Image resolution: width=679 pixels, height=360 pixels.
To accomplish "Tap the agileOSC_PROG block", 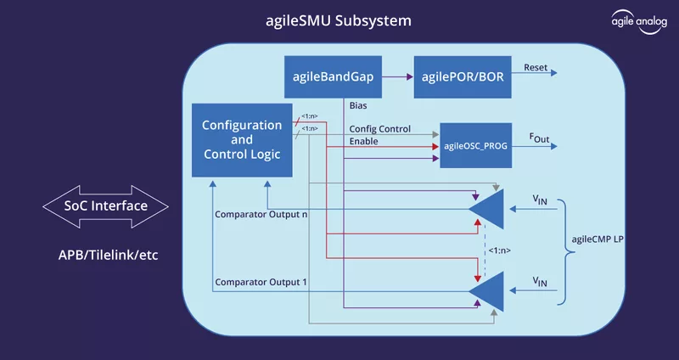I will click(475, 146).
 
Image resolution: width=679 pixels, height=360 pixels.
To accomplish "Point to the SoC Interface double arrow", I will click(105, 206).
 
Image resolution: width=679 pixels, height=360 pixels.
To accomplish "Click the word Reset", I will click(536, 68).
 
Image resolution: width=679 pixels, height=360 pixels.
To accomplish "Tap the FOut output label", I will click(539, 137).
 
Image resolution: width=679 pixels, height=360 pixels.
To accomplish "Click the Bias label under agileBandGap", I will click(360, 105).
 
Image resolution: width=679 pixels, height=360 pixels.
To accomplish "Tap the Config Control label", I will click(380, 128).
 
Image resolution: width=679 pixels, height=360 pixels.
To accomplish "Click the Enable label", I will click(364, 141).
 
